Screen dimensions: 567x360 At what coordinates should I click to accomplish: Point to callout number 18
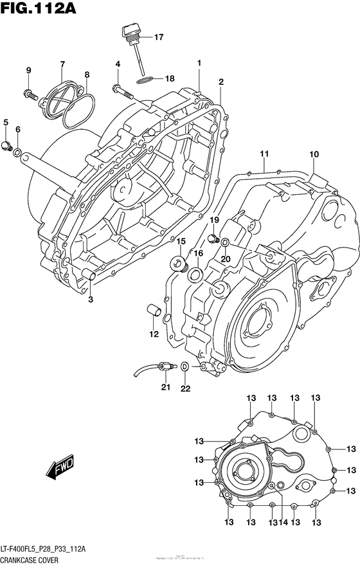pos(169,79)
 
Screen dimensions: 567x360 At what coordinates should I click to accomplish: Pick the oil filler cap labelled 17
pos(129,32)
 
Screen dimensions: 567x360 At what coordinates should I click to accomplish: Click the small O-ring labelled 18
pos(145,80)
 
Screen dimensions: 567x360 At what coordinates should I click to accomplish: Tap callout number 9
pos(29,70)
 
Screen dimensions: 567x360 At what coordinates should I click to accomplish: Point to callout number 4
pos(118,64)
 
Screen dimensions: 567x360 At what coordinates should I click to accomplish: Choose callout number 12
pos(154,334)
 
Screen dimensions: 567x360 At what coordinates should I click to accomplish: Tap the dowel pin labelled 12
pos(153,309)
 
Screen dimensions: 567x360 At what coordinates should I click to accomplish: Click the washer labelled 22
pos(185,366)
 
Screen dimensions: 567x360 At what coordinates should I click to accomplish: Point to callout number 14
pos(282,522)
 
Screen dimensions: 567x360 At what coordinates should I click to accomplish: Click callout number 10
pos(314,154)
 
